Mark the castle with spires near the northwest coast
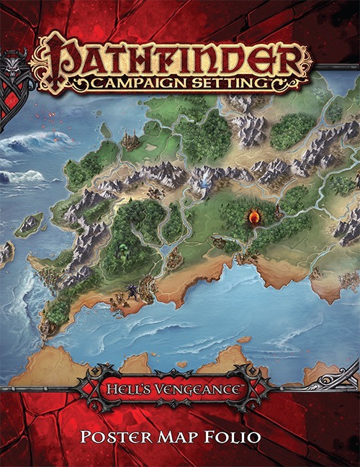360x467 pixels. pyautogui.click(x=130, y=139)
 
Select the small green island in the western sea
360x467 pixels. pyautogui.click(x=29, y=224)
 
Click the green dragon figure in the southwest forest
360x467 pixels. pyautogui.click(x=125, y=253)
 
